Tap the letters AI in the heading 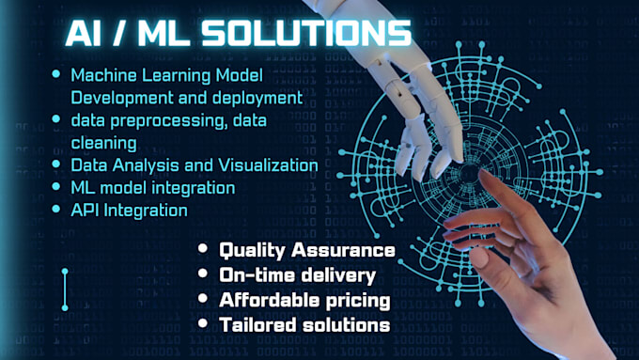86,34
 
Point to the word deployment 257,97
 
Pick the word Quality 252,251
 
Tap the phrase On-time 254,275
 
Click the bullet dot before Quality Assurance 203,251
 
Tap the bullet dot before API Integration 59,210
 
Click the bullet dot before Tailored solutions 203,324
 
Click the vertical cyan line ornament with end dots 65,290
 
